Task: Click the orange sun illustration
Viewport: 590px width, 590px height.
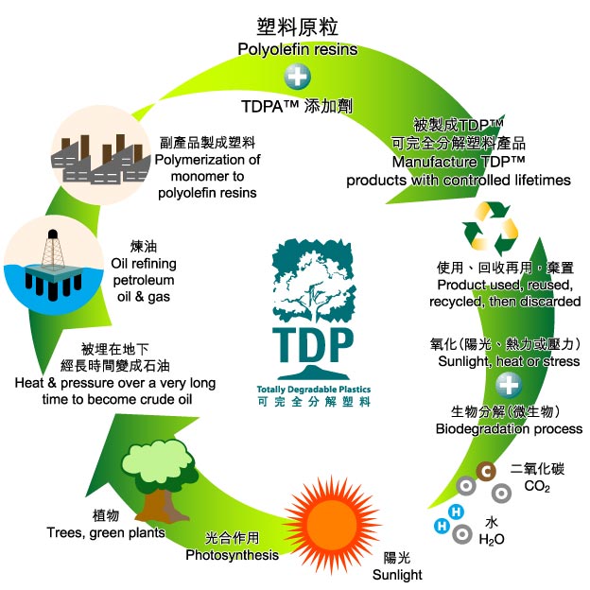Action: (331, 524)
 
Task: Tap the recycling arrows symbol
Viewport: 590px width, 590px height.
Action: (490, 229)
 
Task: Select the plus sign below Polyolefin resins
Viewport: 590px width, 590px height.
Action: (297, 77)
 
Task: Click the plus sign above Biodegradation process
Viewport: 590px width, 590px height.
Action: (509, 385)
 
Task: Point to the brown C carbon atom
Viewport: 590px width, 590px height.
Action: (486, 472)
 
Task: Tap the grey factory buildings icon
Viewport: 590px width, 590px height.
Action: (100, 159)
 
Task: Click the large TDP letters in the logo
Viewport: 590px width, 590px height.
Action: (313, 345)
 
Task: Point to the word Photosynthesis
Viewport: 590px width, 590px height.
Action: (233, 555)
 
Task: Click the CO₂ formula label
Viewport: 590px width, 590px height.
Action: (537, 486)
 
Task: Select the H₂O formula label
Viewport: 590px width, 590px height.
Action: (492, 540)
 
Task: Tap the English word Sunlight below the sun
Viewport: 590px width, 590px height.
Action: (397, 575)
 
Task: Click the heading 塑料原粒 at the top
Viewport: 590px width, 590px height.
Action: (297, 27)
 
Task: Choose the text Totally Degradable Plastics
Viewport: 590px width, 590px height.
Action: (314, 389)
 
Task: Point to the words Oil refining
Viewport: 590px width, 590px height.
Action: (144, 264)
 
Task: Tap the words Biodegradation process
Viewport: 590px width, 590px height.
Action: (509, 429)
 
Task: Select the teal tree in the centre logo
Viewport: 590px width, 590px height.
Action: (313, 279)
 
